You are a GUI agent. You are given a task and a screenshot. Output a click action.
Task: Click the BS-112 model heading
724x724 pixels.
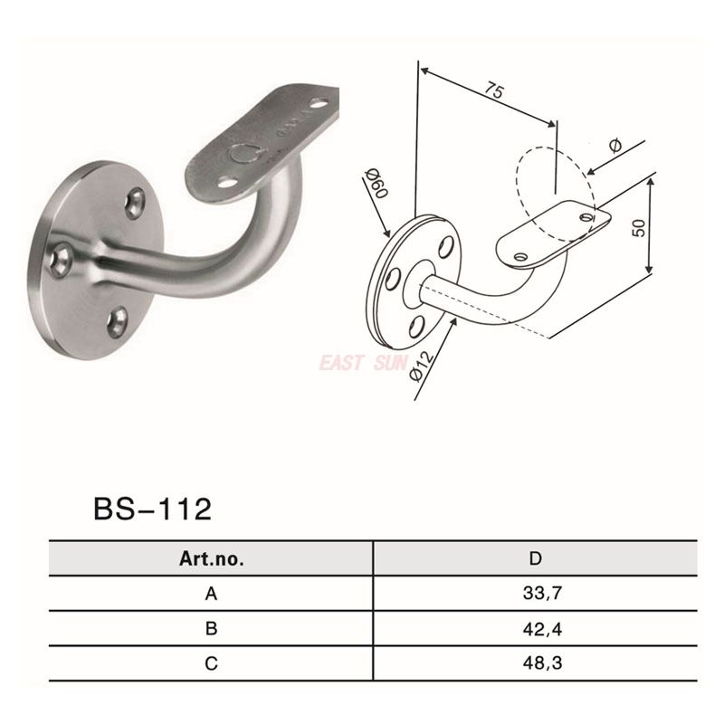[x=152, y=510]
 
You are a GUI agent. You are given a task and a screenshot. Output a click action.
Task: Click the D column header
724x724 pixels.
[x=536, y=559]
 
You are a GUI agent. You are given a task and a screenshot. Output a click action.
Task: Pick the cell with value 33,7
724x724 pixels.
[x=536, y=595]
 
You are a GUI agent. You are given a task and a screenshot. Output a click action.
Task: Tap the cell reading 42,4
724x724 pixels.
[x=536, y=629]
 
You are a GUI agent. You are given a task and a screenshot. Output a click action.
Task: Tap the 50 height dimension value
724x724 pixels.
[x=640, y=226]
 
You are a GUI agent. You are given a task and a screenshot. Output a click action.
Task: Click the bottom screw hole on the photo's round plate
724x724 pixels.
[x=118, y=318]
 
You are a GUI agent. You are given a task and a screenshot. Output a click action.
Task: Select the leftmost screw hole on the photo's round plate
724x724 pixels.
[x=62, y=260]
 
